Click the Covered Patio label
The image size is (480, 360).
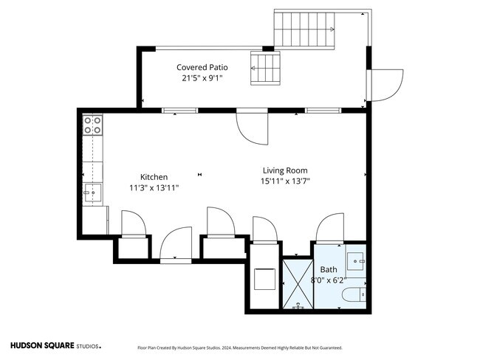202,67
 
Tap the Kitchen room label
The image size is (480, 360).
154,177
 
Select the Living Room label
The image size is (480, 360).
285,170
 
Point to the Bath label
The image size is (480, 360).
329,269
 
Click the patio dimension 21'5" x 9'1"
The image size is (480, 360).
202,78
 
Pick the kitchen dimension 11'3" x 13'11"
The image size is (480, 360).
154,188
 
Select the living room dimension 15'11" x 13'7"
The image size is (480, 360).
285,181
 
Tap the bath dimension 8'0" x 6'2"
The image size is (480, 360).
329,280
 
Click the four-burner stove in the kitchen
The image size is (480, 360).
92,125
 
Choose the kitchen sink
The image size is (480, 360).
93,193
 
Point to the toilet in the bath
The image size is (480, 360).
354,294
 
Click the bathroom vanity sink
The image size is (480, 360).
356,261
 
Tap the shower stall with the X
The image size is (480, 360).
298,284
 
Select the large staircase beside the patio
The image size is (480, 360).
304,30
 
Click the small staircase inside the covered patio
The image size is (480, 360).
265,68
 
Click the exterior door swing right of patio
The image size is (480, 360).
385,86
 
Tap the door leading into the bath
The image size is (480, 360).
329,227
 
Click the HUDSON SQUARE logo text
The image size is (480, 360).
42,346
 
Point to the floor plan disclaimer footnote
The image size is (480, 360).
240,347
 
